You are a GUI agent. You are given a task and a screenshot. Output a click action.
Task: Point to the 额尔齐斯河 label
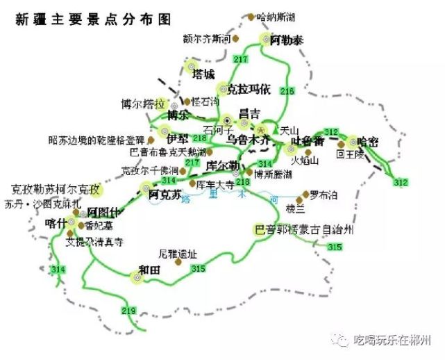coord(206,38)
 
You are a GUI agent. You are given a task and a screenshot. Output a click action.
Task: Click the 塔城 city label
coord(203,74)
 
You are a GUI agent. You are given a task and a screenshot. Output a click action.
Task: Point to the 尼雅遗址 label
coord(174,254)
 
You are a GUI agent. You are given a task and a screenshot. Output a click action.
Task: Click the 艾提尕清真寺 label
coord(94,243)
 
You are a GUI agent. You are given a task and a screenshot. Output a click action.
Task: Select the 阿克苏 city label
coord(166,193)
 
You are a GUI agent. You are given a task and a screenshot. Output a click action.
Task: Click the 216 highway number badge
coord(287,91)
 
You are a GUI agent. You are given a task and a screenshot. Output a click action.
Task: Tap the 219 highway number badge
coord(128,310)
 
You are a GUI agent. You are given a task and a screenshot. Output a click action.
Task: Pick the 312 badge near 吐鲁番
coord(331,132)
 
